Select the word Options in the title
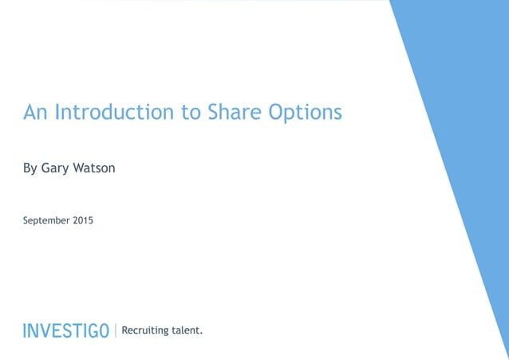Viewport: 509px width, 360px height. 306,113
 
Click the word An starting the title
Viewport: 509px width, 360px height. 34,112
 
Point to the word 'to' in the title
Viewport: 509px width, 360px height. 191,113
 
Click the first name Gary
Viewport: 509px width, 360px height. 57,169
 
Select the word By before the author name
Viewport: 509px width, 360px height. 30,169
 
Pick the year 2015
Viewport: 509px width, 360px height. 83,220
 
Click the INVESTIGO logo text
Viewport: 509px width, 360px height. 66,330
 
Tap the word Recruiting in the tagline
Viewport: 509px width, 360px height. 144,330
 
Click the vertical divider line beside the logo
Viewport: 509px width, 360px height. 115,330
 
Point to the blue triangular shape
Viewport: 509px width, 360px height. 463,120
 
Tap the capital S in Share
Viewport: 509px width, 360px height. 213,112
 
